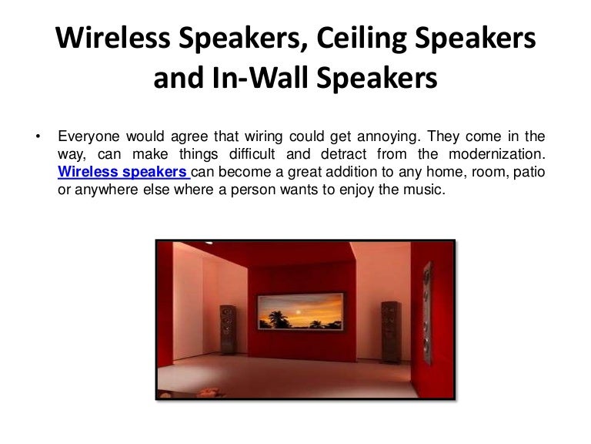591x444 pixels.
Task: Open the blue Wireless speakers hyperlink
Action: pyautogui.click(x=122, y=172)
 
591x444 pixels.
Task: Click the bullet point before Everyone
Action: pyautogui.click(x=37, y=138)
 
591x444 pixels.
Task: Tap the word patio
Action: pyautogui.click(x=530, y=172)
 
